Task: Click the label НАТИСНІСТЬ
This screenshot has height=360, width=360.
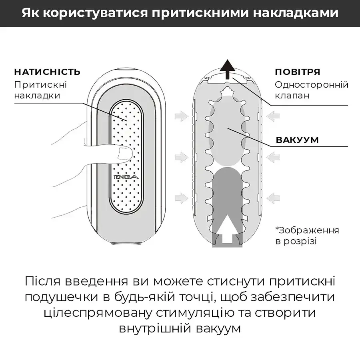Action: [x=47, y=72]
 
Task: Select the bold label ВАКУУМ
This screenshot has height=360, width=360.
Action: [x=297, y=140]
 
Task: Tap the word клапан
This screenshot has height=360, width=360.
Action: [x=292, y=96]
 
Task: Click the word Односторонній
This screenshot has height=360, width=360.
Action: [x=312, y=85]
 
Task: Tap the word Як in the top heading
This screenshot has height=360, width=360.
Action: [x=30, y=12]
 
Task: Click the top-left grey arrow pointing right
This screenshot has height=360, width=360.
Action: [x=182, y=116]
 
